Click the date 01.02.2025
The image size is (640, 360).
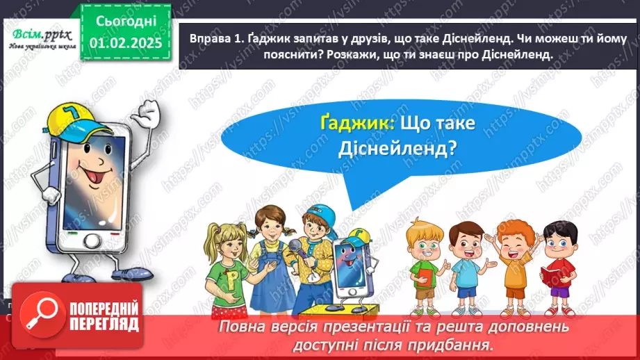click(x=126, y=43)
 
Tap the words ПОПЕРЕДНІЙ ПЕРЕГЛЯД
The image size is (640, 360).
click(x=103, y=316)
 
